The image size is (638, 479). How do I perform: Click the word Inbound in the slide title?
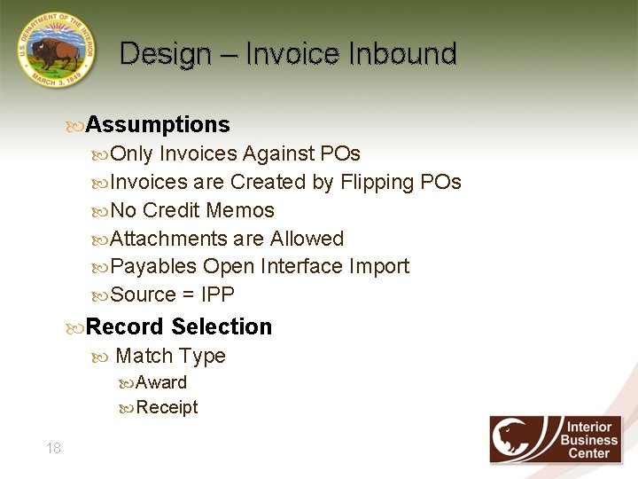(402, 54)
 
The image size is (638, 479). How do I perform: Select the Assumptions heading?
(157, 125)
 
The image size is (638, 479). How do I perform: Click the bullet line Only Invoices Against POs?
(235, 153)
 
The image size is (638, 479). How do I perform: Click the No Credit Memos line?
(192, 210)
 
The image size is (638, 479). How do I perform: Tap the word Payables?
(153, 266)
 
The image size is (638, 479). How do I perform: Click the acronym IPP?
(218, 294)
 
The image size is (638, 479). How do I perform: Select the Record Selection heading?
(178, 326)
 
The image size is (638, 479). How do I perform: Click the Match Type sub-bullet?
(170, 356)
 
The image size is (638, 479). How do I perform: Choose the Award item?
(161, 382)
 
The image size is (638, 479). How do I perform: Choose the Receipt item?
(167, 407)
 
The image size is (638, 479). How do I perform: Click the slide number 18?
(53, 448)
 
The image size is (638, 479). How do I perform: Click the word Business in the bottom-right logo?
(589, 440)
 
